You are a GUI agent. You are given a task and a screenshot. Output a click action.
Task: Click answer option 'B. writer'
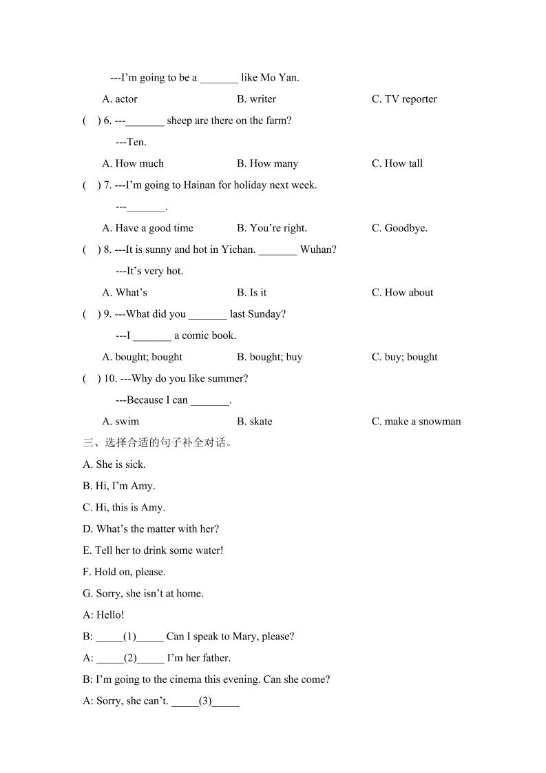256,99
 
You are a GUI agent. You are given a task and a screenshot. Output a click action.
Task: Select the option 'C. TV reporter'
404,99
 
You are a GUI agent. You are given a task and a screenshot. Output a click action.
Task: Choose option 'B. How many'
267,164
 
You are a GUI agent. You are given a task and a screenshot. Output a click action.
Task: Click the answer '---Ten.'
131,143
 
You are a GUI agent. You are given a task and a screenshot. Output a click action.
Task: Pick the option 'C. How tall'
397,164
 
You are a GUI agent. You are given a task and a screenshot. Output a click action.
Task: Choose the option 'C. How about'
402,293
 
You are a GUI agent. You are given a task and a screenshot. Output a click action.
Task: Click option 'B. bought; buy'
269,358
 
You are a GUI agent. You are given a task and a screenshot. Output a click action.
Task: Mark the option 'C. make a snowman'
416,422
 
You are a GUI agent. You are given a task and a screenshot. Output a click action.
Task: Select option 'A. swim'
120,422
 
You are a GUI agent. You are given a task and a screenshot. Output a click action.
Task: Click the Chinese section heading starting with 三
158,443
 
